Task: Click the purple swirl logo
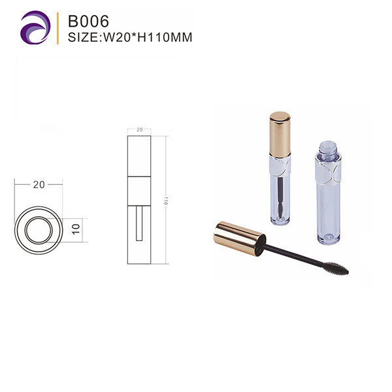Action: click(x=35, y=27)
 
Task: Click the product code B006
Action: click(x=88, y=21)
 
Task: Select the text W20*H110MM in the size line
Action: click(x=148, y=37)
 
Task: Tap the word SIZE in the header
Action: click(x=84, y=37)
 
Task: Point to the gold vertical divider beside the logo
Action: click(x=57, y=28)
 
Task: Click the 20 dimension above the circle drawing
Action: click(x=39, y=185)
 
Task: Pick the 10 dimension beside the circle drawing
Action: click(x=76, y=229)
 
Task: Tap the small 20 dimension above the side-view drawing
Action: click(x=140, y=129)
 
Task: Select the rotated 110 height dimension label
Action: click(x=165, y=201)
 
